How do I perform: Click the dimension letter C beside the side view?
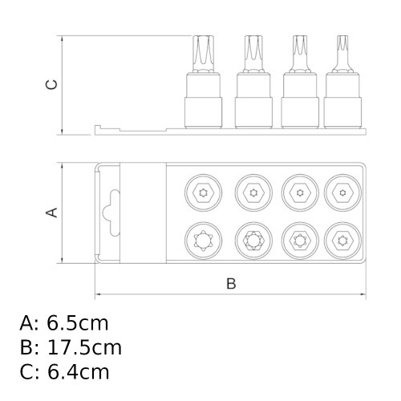click(51, 84)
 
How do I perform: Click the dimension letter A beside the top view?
click(51, 213)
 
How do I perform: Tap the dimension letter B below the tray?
click(231, 284)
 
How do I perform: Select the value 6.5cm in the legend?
click(78, 323)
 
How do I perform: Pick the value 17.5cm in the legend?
click(84, 348)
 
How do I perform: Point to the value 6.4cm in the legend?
click(78, 372)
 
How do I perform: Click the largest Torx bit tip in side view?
click(204, 54)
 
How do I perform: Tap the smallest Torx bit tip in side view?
click(342, 54)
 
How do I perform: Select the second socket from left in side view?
click(253, 100)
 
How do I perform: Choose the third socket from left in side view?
click(300, 100)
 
